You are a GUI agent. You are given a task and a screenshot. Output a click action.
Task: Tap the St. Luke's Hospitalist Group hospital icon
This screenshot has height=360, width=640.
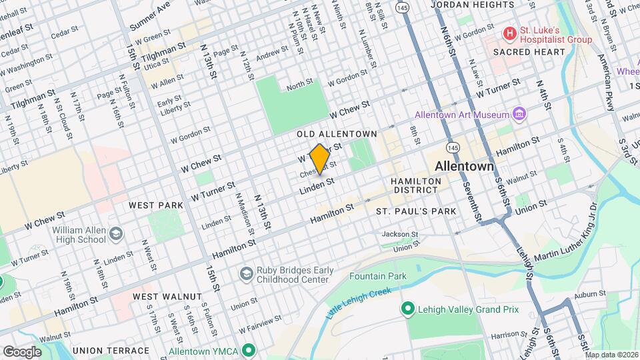tap(510, 33)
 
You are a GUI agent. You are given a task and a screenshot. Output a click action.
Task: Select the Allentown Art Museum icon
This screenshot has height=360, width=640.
tap(519, 115)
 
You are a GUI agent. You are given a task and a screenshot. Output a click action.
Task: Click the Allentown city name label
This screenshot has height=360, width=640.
tap(465, 165)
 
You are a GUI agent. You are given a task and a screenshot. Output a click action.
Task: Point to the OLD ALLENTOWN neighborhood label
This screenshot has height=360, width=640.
tap(337, 134)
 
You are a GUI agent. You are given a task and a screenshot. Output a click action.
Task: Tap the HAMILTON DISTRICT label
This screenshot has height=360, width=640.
tap(416, 185)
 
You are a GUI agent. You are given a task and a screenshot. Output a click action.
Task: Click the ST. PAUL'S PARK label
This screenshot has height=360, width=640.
tap(416, 211)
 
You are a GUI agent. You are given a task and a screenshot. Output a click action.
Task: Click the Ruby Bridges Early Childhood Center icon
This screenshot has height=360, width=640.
tap(246, 273)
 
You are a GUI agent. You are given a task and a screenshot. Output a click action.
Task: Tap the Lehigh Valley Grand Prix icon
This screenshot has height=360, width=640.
tap(406, 309)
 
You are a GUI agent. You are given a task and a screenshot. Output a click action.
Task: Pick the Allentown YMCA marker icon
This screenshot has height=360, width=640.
tap(249, 350)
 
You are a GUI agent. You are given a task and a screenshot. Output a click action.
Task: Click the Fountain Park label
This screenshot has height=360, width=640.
tap(378, 275)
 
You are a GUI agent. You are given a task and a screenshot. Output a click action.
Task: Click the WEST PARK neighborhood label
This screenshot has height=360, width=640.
tap(155, 205)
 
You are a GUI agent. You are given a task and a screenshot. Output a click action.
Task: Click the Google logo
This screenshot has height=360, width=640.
tap(22, 351)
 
